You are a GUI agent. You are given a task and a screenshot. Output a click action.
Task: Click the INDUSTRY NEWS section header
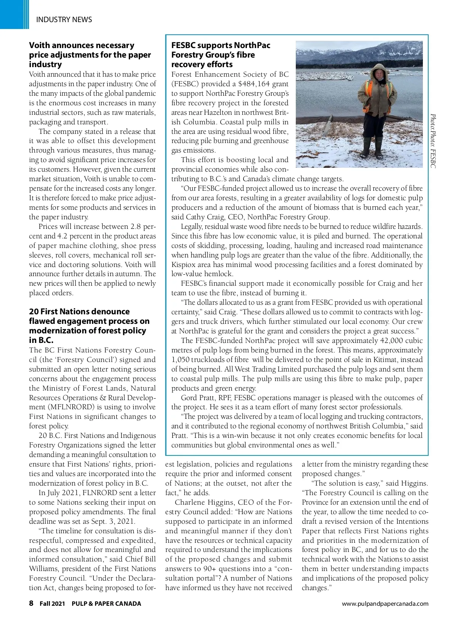tap(64, 19)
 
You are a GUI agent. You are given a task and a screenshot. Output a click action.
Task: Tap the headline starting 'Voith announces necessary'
tap(90, 55)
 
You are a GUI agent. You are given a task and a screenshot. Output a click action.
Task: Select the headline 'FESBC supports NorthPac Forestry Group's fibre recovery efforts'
tap(221, 55)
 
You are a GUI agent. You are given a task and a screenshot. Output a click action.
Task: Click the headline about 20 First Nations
tap(89, 325)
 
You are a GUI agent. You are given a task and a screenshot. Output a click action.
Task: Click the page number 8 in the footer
tap(31, 603)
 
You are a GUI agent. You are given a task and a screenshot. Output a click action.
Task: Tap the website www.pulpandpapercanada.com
tap(385, 603)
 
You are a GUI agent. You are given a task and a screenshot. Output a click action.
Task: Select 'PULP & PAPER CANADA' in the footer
tap(106, 603)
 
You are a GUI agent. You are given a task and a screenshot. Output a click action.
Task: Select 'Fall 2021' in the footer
tap(52, 603)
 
